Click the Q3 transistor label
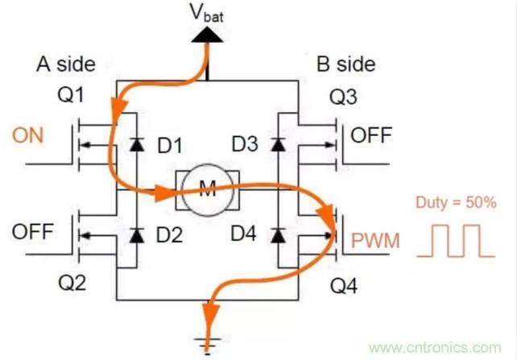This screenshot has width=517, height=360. coord(344,98)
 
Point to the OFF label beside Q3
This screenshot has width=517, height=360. coord(371,134)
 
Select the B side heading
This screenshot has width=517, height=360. coord(342,63)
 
